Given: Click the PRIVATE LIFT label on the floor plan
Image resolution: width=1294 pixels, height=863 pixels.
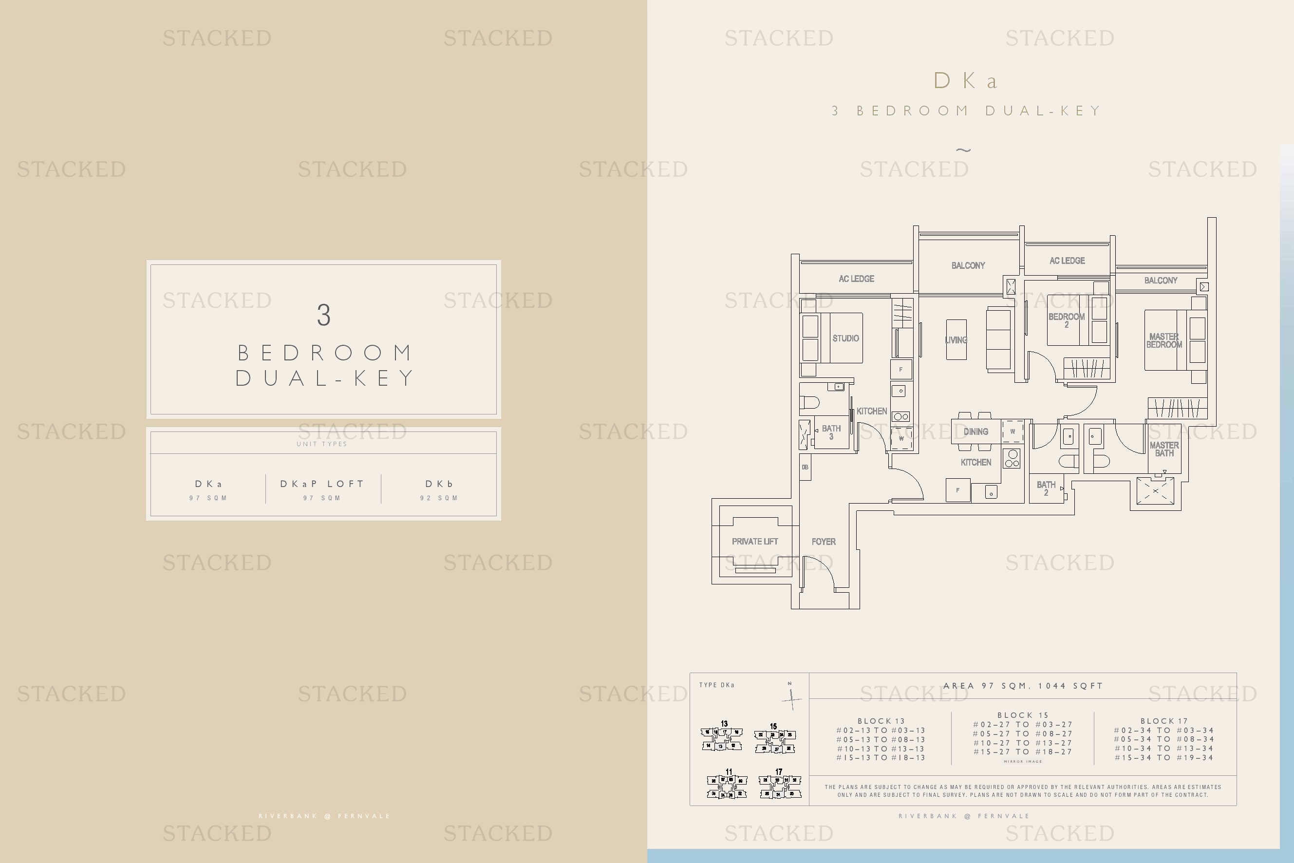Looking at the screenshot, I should point(754,542).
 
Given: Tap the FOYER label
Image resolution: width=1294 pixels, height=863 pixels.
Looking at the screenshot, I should point(824,542).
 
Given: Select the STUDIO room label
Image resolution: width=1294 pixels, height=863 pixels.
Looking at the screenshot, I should point(845,338).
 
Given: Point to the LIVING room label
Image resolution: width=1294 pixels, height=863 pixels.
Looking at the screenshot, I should point(956,340).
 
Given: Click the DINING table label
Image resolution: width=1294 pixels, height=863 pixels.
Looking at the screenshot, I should point(975,431).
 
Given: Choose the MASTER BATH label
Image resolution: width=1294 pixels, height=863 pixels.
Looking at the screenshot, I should point(1164,449).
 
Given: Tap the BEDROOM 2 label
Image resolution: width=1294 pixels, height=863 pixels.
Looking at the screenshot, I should point(1066,320).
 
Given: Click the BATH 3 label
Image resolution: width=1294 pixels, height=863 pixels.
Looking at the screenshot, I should point(831,432).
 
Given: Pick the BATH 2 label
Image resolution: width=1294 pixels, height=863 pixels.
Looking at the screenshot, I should point(1046,488).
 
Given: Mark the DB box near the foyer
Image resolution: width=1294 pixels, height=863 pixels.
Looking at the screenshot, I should point(805,467).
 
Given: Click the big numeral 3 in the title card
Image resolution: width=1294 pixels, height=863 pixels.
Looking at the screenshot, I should point(324,316).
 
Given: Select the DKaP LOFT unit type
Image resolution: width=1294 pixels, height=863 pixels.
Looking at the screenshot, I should point(322,484).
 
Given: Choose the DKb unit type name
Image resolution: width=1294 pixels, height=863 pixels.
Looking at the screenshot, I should point(439,484).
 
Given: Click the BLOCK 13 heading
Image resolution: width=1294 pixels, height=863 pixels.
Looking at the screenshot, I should point(881,721).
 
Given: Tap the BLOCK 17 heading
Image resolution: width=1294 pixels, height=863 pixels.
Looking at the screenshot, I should point(1164,721).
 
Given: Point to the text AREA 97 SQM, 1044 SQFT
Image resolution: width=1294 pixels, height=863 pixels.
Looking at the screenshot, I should point(1023,686).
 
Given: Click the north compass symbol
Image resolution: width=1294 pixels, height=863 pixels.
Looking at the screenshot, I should point(791,697).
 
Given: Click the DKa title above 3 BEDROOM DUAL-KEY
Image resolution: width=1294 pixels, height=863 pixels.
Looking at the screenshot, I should point(966,81).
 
